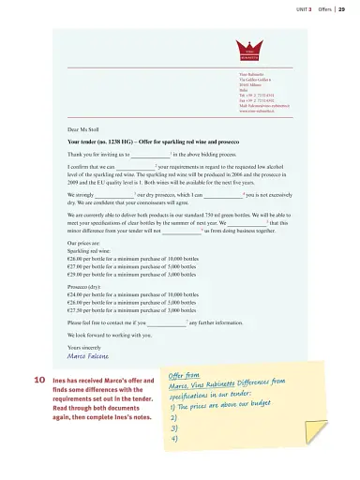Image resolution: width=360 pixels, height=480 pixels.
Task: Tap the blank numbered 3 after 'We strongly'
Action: [x=115, y=192]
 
